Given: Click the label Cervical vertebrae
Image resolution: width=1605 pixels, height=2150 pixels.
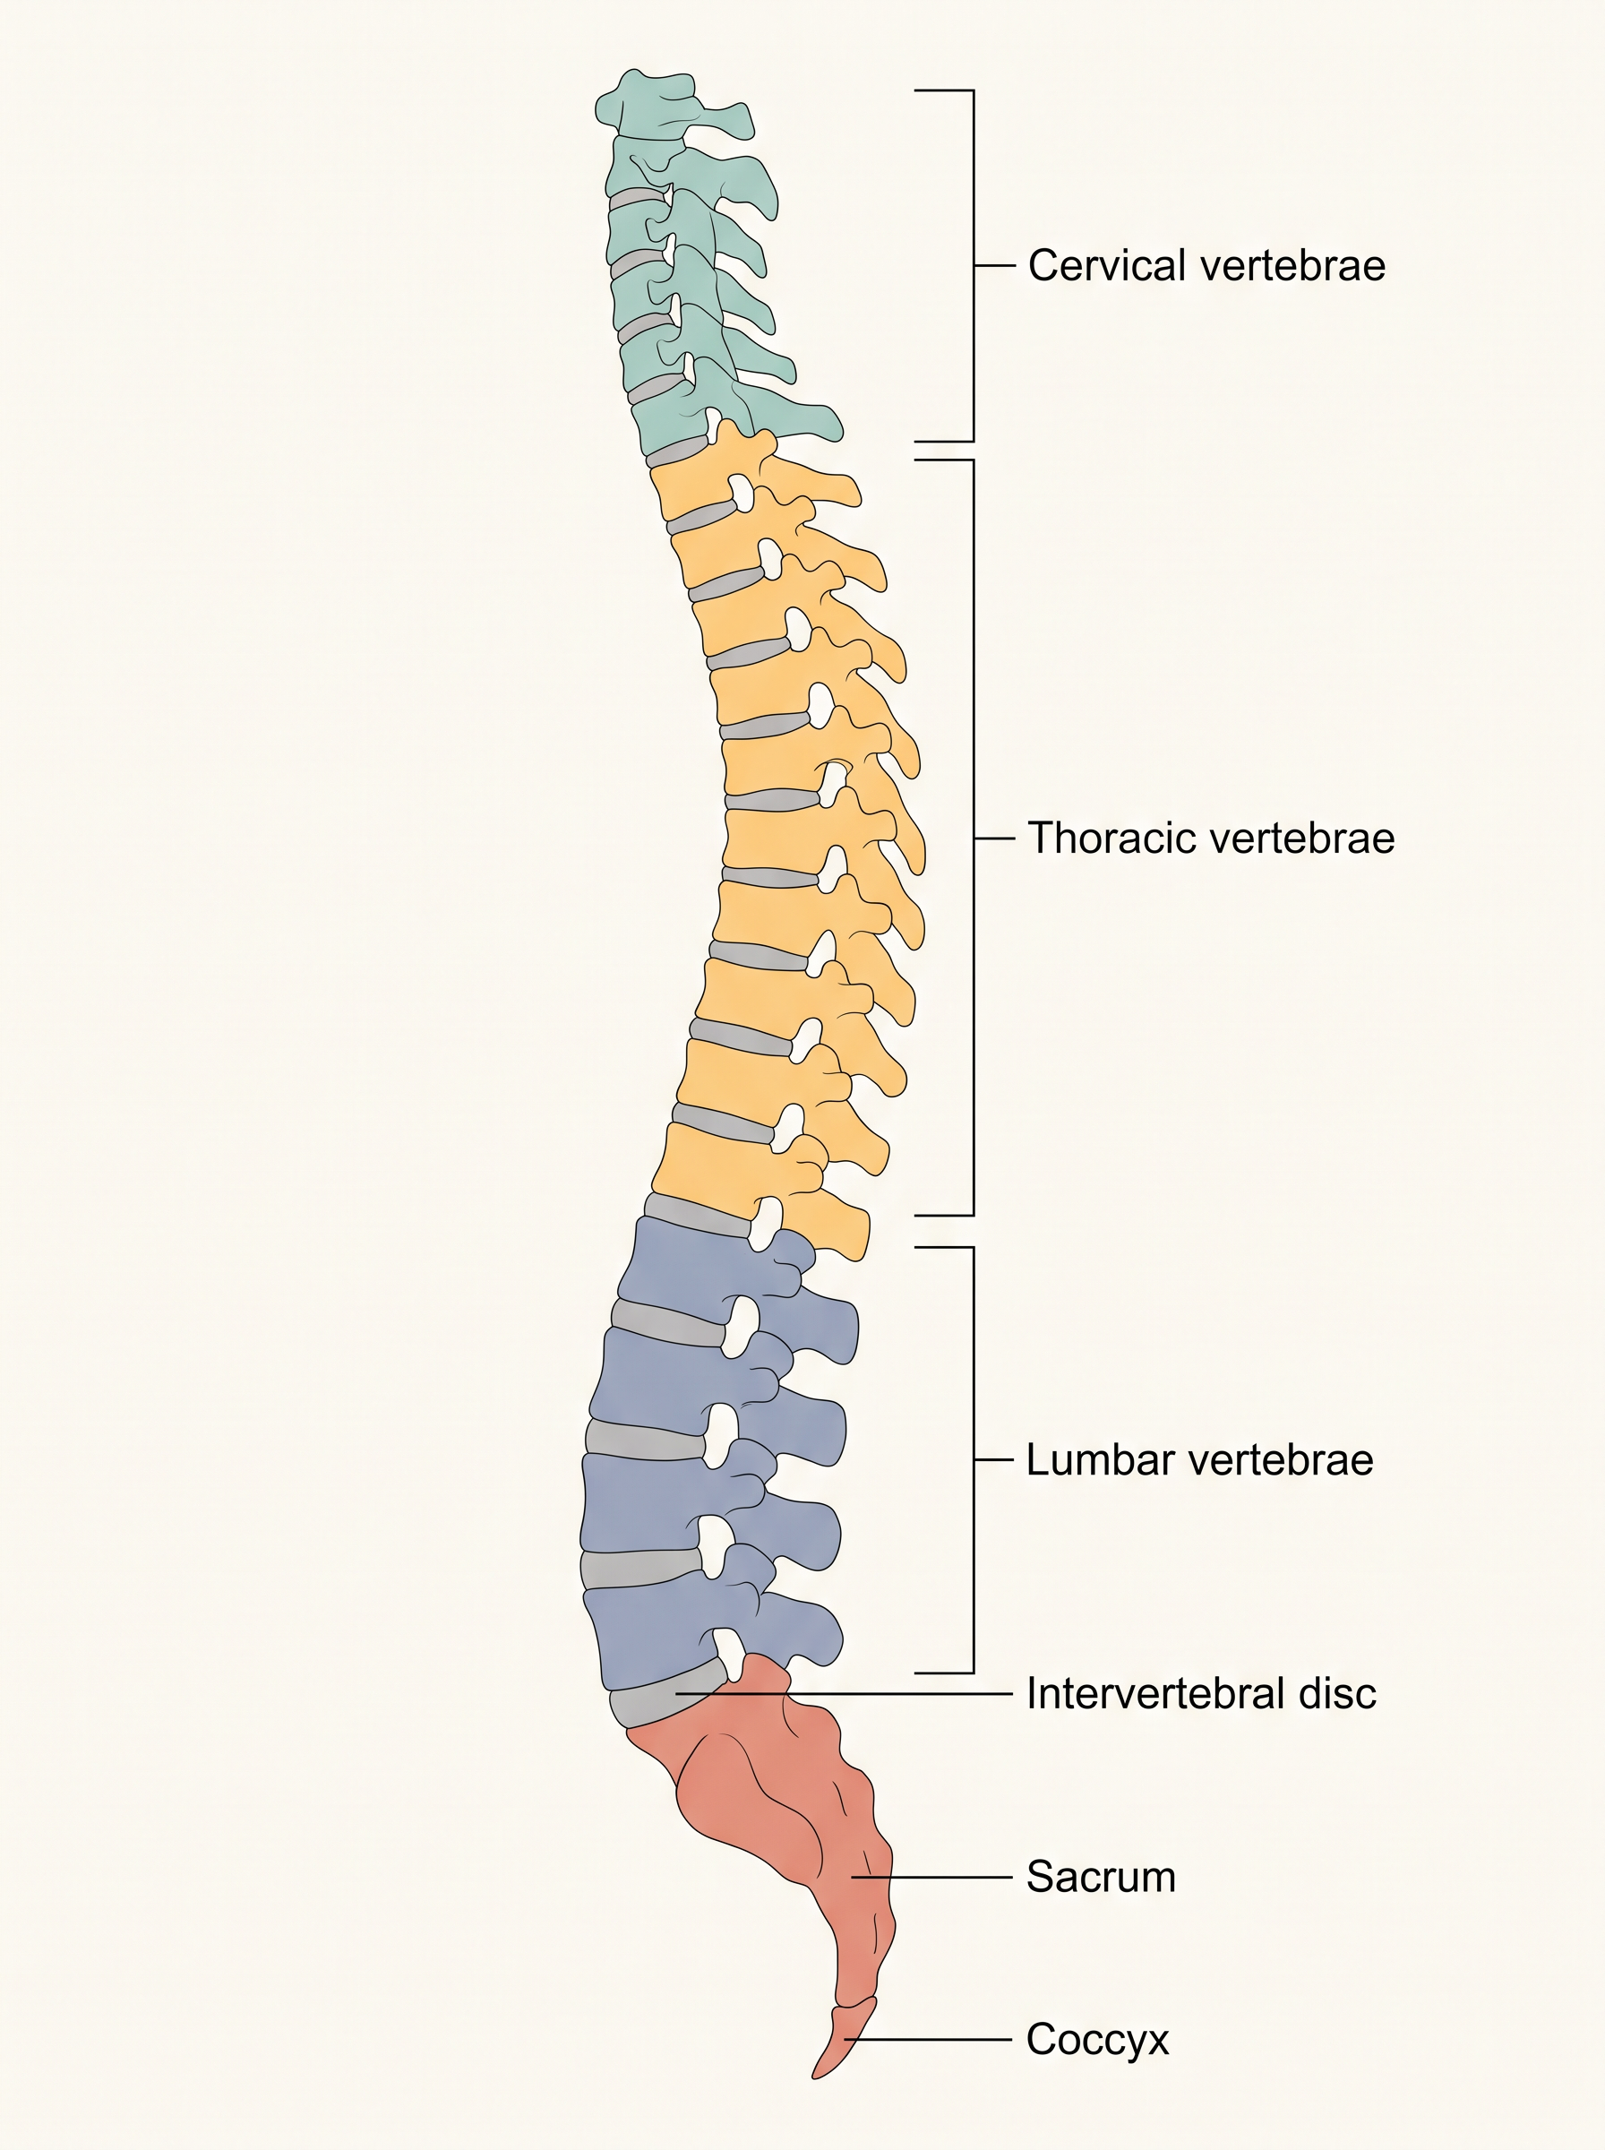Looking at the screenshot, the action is pyautogui.click(x=1206, y=265).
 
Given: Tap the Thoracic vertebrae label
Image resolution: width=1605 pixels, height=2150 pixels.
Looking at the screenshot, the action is pyautogui.click(x=1212, y=838).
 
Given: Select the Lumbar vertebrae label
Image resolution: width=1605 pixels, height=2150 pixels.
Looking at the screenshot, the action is pyautogui.click(x=1200, y=1459).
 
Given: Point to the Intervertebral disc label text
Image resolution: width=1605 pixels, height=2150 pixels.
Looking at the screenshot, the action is pyautogui.click(x=1202, y=1693).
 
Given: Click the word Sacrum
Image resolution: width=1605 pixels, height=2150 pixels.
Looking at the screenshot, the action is pyautogui.click(x=1101, y=1877).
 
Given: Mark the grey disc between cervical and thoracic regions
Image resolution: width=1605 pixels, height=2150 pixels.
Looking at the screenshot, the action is pyautogui.click(x=678, y=451).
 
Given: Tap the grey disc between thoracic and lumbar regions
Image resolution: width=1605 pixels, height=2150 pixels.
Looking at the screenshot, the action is pyautogui.click(x=698, y=1215).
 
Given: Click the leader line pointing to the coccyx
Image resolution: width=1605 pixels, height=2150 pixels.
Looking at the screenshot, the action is pyautogui.click(x=928, y=2040).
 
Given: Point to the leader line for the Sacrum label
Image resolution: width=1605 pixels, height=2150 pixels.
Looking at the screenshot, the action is pyautogui.click(x=931, y=1877).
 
